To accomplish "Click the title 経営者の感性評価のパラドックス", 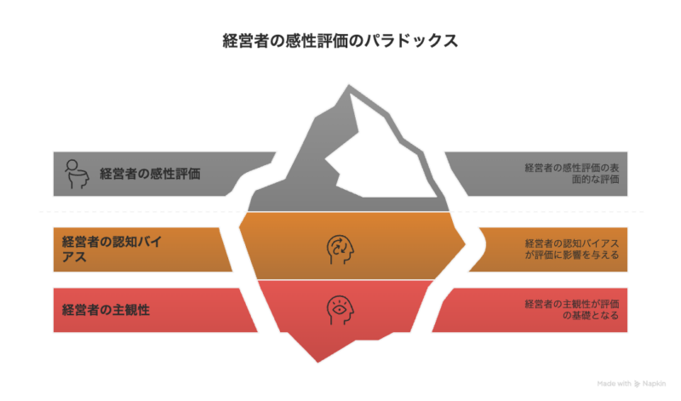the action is tap(340, 41).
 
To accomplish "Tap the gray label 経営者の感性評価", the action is tap(150, 174).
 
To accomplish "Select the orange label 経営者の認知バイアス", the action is tap(112, 249).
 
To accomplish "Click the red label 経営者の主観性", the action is tap(106, 310).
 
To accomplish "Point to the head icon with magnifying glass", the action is tap(77, 174).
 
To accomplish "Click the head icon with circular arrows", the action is tap(340, 249).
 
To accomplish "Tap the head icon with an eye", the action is tap(340, 310).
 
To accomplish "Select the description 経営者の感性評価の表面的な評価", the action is tap(571, 174).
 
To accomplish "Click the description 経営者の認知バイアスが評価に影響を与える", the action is tap(571, 249).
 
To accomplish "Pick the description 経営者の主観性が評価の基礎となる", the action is tap(571, 309).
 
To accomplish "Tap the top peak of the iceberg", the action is tap(348, 85).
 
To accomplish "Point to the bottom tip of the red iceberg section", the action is tap(318, 362).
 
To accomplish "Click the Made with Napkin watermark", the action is tap(631, 384).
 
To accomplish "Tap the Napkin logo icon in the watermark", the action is tap(637, 384).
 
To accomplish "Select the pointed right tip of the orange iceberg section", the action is tap(465, 244).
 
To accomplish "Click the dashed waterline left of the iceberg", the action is tap(143, 212).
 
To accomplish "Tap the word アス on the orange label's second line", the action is tap(74, 257).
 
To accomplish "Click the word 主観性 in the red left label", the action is tap(132, 310).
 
